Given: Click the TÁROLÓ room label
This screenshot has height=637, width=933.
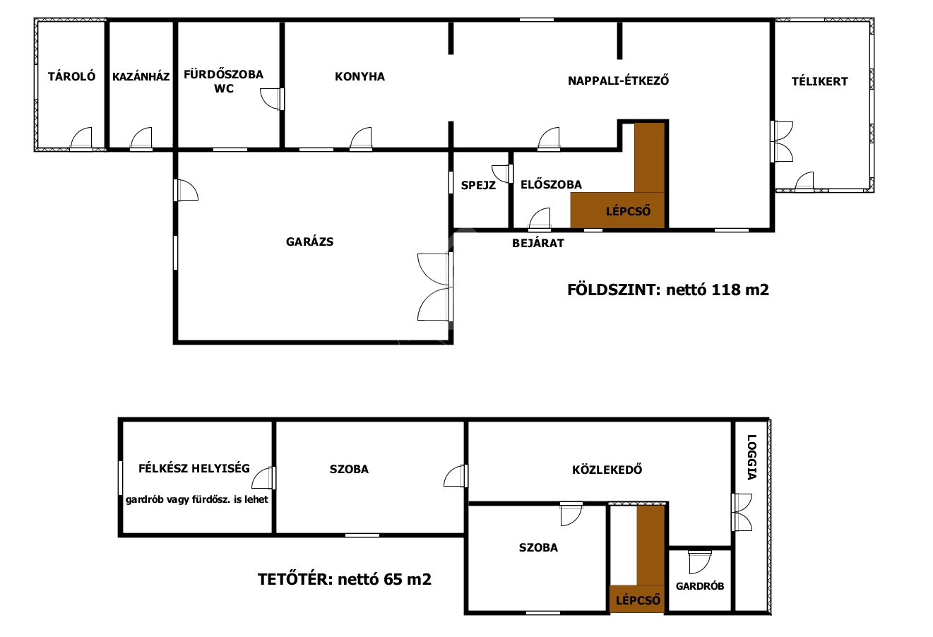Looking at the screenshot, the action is click(71, 76).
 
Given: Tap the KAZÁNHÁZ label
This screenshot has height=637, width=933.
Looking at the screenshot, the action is click(141, 76).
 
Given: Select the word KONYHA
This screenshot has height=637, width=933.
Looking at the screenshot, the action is click(360, 76).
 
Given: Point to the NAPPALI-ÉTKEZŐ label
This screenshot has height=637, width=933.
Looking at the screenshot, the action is click(619, 81).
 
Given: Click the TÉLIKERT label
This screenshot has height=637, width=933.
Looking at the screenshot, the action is click(820, 81).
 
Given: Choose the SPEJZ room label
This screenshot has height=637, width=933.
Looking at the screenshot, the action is click(478, 185).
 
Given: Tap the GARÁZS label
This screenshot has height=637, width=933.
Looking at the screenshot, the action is click(309, 242).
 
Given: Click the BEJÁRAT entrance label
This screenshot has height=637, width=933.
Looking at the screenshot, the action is click(538, 243).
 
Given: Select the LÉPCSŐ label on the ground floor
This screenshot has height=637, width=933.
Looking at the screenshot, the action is click(628, 211).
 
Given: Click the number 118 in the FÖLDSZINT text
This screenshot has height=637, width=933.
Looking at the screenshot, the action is click(725, 290).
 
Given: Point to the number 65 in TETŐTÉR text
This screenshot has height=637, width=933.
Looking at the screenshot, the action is click(393, 579).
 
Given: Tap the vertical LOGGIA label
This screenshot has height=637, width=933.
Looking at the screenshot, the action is click(751, 457).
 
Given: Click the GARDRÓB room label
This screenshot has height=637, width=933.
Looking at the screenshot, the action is click(700, 586).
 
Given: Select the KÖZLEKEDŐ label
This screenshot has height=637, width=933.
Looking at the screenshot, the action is click(607, 470).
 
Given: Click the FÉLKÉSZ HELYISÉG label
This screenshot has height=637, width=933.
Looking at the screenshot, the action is click(194, 468).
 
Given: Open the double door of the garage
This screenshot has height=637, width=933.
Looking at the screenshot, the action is click(435, 287).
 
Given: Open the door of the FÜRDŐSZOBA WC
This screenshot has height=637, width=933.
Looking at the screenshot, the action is click(272, 99).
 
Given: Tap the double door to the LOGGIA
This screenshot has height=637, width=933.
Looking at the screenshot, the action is click(742, 512).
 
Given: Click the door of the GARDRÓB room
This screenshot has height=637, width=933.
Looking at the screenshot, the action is click(700, 562).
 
